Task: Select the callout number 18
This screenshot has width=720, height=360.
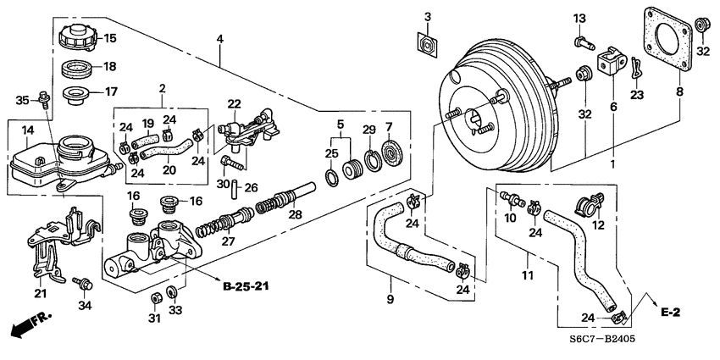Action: [110, 67]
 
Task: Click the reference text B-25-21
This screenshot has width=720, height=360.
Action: [246, 288]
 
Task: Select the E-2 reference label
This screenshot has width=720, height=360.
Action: [671, 313]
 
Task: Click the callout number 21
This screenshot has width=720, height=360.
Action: [40, 294]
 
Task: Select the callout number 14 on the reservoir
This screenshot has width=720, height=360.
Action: [27, 130]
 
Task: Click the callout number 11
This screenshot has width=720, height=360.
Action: [526, 275]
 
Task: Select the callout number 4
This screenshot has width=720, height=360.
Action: [220, 39]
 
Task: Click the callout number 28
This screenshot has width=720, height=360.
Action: [295, 217]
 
